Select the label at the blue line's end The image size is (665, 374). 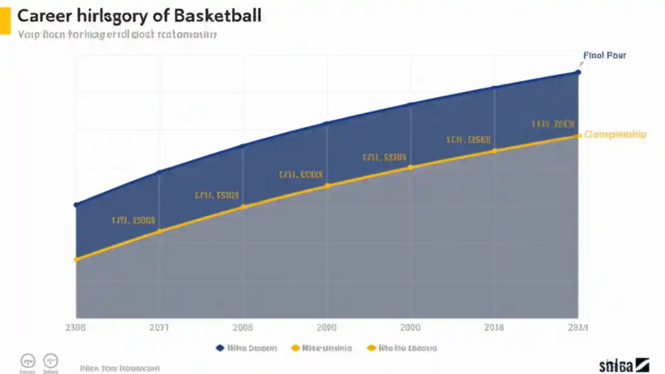click(x=605, y=55)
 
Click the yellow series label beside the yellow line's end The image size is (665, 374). click(x=615, y=135)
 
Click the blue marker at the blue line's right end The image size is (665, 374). click(x=578, y=72)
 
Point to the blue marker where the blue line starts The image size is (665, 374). click(x=76, y=205)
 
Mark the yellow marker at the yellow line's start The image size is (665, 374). click(x=76, y=259)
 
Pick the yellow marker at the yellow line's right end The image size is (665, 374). click(x=578, y=136)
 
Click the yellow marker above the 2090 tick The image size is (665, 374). click(x=327, y=185)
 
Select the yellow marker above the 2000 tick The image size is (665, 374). click(x=410, y=167)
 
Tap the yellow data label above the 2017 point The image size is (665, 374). click(x=134, y=220)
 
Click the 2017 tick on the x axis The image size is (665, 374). click(x=159, y=328)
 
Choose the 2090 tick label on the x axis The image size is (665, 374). click(x=326, y=328)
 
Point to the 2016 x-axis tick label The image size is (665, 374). click(x=493, y=328)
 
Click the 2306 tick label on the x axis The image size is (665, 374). click(x=76, y=328)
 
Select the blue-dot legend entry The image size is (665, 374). click(x=246, y=348)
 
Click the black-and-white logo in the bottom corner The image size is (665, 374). click(x=623, y=365)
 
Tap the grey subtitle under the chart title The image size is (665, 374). click(x=117, y=35)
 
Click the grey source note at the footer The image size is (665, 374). click(x=119, y=368)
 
